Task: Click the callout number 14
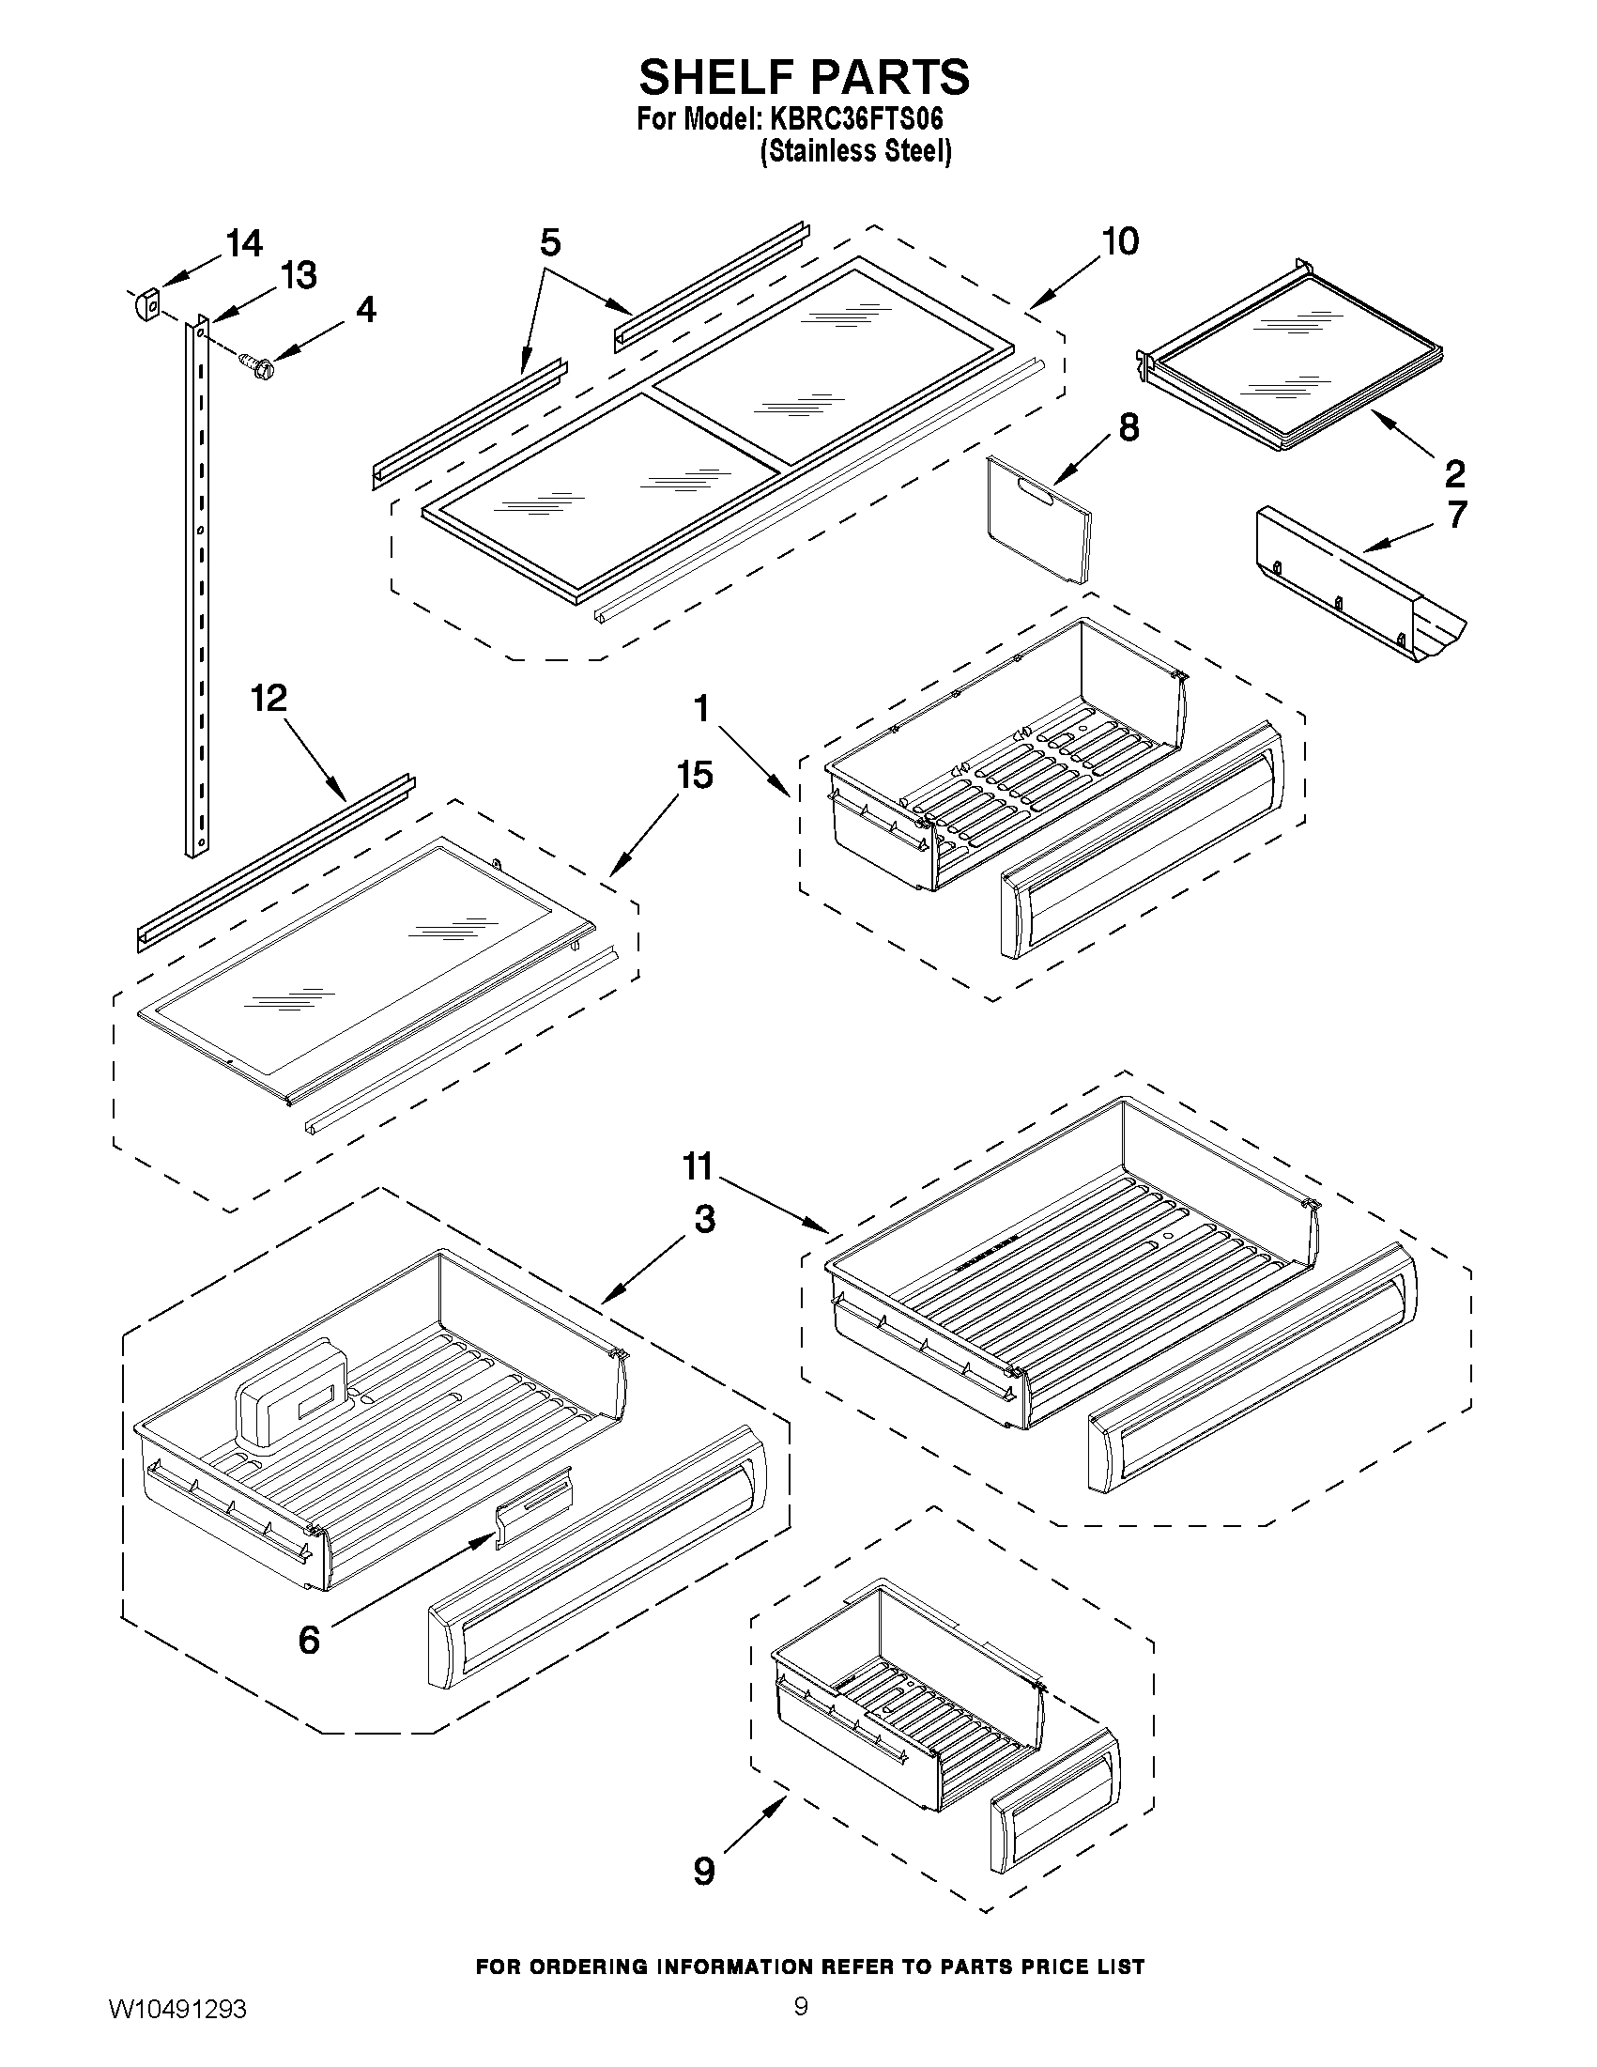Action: coord(243,244)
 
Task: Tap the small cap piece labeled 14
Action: coord(145,306)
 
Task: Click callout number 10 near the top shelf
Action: coord(1121,242)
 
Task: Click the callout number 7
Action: coord(1457,515)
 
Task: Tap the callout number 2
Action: coord(1454,472)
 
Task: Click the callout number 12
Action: coord(268,699)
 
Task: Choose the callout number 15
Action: coord(695,775)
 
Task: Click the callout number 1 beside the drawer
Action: coord(701,709)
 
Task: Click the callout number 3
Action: coord(704,1219)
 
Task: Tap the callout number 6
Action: coord(309,1640)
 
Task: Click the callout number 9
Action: coord(703,1870)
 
